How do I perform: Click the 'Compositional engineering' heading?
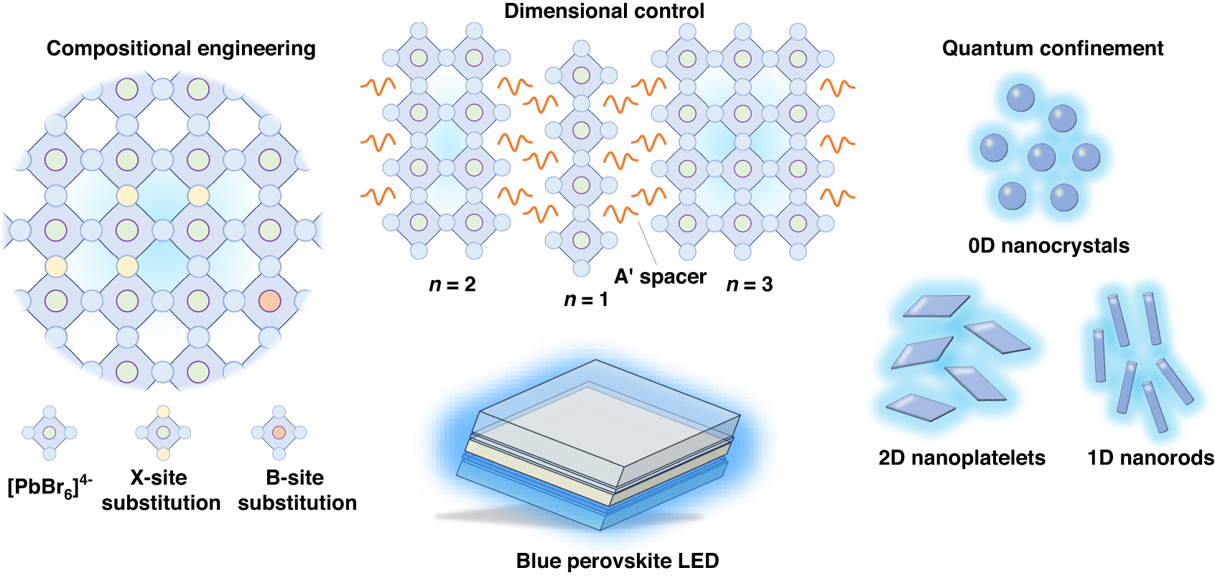tap(181, 48)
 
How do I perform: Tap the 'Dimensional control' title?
tap(604, 11)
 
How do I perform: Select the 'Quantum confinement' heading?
tap(1052, 48)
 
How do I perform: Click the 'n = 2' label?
tap(452, 284)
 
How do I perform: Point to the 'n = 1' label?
tap(586, 299)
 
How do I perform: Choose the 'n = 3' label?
tap(750, 284)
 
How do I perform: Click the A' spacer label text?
tap(660, 276)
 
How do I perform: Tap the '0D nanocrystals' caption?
tap(1048, 246)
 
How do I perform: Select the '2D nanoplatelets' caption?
tap(962, 457)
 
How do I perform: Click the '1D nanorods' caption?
tap(1150, 457)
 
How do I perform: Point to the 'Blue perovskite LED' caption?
tap(618, 561)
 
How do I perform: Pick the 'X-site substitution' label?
tap(161, 490)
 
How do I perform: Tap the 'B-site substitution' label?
tap(297, 490)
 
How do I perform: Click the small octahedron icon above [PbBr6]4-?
tap(49, 433)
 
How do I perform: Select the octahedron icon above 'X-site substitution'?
tap(163, 433)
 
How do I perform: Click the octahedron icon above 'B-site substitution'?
tap(279, 433)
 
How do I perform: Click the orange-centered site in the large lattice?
tap(269, 301)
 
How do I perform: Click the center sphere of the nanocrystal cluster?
tap(1041, 157)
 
